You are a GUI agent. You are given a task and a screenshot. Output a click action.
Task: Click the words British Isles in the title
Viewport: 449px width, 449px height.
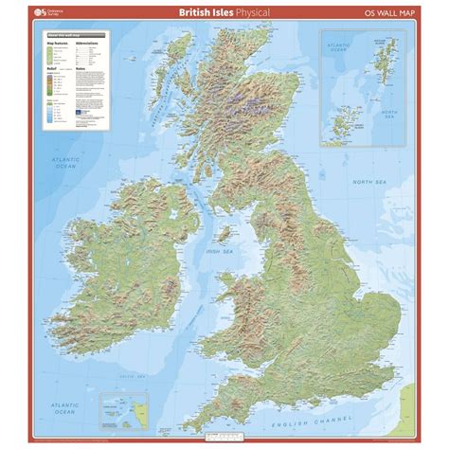201,12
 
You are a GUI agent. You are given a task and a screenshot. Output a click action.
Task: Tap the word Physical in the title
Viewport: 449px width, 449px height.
249,12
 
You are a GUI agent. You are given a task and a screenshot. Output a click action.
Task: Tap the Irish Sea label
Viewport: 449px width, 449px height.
221,251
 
